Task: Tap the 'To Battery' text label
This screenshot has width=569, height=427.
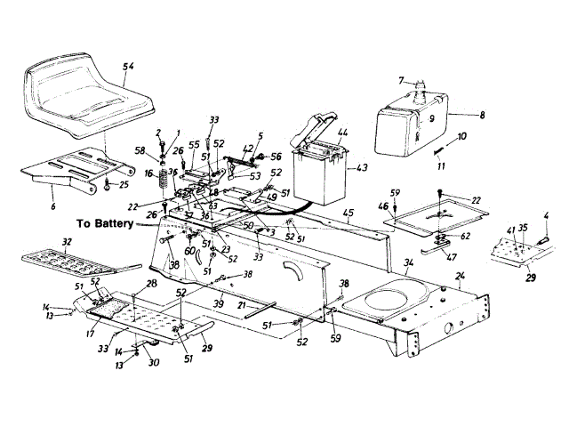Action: [108, 224]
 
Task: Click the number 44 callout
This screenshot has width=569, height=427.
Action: [343, 133]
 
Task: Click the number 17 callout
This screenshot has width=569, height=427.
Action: [89, 335]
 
